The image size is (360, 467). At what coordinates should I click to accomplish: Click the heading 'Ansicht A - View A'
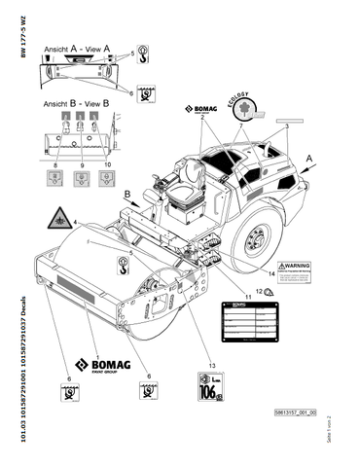(x=76, y=45)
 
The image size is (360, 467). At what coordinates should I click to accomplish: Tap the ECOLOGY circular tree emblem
(x=239, y=110)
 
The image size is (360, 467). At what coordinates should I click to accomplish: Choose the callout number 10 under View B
(x=108, y=166)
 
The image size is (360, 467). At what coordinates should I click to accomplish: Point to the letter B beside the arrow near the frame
(x=125, y=195)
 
